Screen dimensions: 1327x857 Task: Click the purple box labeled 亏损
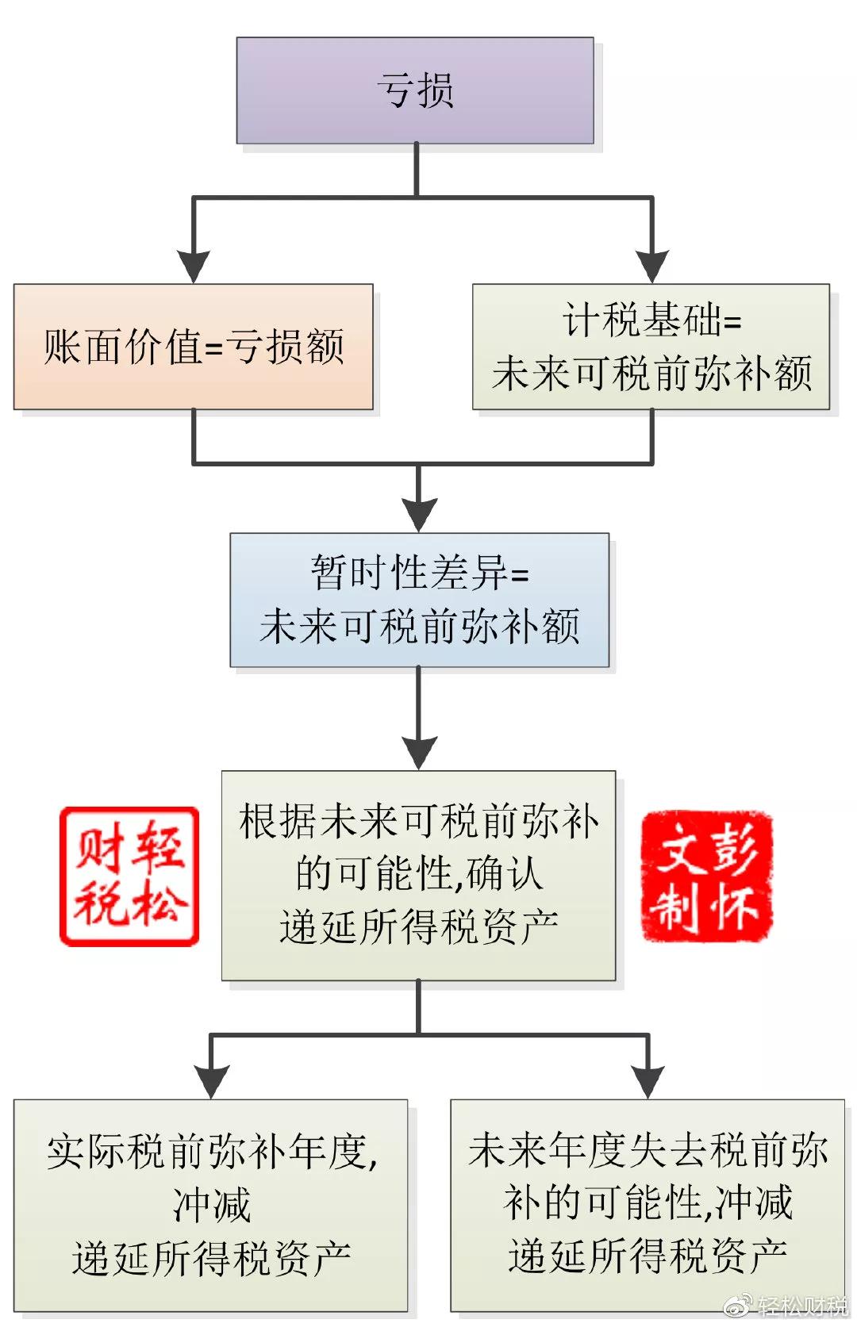point(415,90)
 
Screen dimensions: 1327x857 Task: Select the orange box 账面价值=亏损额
point(193,347)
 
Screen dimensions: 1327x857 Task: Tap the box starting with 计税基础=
point(651,347)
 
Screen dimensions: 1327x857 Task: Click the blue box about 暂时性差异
point(419,600)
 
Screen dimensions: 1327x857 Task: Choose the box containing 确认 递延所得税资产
point(418,875)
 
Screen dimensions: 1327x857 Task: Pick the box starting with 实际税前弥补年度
point(210,1205)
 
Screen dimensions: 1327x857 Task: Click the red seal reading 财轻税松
point(129,876)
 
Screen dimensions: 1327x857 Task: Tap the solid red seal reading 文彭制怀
point(706,876)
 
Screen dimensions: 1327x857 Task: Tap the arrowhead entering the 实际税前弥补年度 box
point(210,1080)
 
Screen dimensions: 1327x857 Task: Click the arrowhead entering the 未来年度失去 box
point(648,1080)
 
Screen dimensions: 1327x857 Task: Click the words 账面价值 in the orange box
point(122,347)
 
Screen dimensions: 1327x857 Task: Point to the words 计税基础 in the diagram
point(642,320)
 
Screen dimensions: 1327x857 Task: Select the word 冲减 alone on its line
point(211,1205)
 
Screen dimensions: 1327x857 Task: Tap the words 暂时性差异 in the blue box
point(409,572)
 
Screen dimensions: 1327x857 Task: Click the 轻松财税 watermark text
point(801,1306)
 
